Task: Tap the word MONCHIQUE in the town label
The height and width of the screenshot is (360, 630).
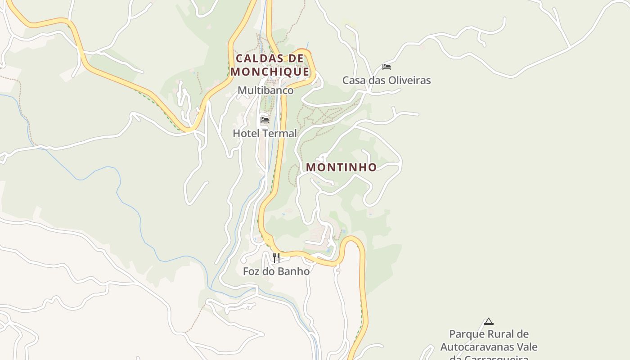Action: click(x=270, y=72)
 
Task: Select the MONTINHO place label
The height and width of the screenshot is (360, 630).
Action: click(x=342, y=167)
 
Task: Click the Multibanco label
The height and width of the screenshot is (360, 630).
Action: click(x=265, y=90)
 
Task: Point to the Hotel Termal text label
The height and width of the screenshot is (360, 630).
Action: click(x=265, y=134)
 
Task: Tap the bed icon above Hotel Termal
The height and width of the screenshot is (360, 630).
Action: click(x=265, y=120)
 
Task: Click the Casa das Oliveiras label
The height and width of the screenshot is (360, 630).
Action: click(x=387, y=81)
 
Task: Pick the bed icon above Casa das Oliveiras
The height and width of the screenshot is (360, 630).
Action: click(x=387, y=67)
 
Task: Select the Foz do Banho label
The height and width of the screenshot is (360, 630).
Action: click(x=276, y=271)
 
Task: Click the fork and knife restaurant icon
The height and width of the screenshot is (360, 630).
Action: click(x=276, y=258)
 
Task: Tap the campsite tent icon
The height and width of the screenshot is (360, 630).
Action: click(x=489, y=321)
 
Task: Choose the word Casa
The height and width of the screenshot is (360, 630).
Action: click(x=353, y=81)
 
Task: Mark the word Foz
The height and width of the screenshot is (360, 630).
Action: click(x=252, y=271)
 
